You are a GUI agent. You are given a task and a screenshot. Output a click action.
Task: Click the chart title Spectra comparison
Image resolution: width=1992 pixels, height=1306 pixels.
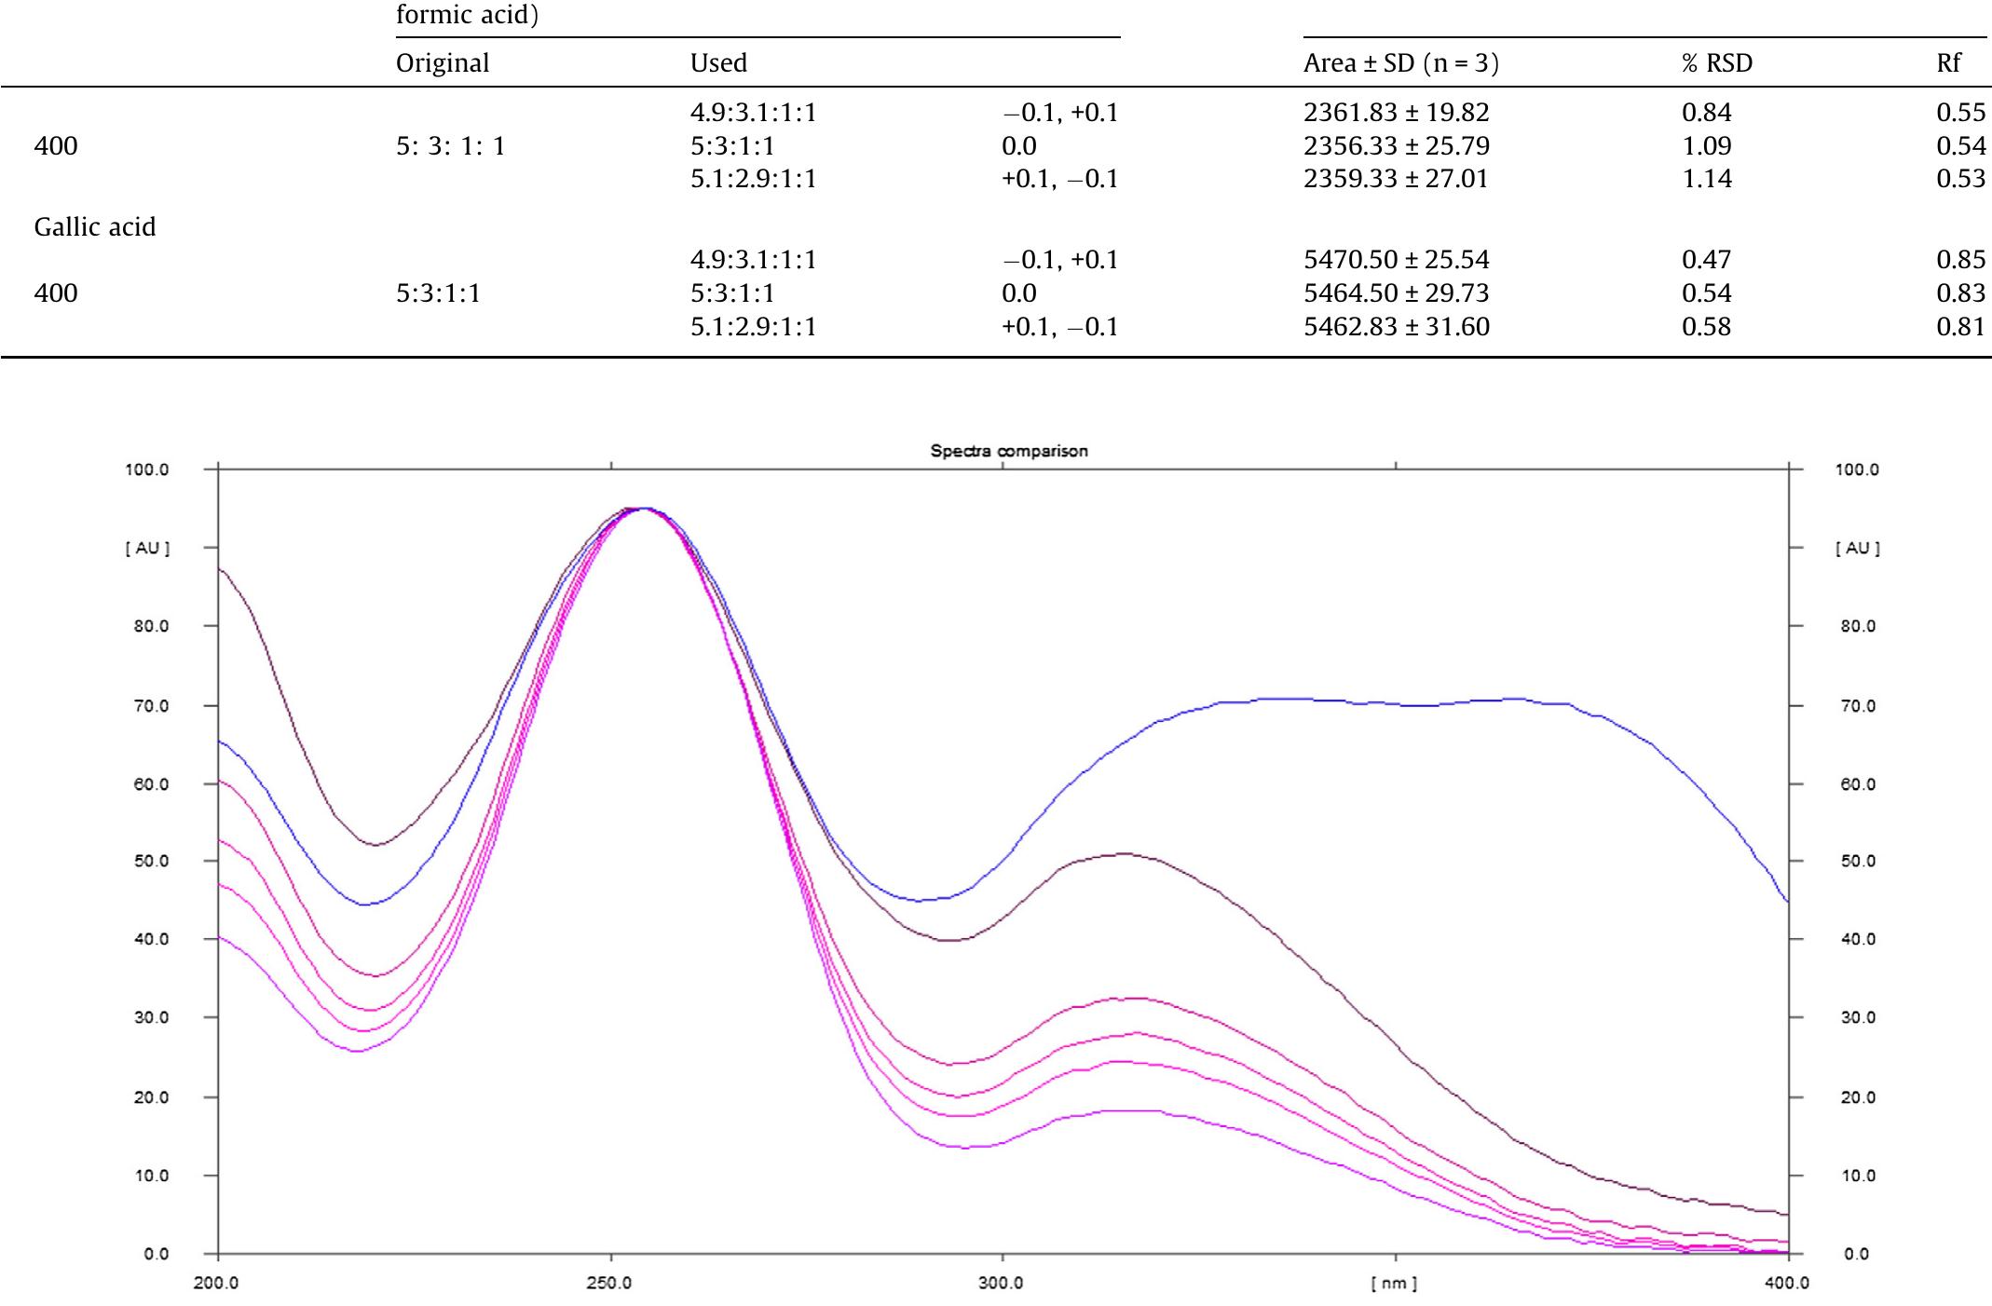tap(1008, 451)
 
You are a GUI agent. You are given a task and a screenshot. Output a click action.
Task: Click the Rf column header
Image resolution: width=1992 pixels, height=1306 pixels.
tap(1948, 63)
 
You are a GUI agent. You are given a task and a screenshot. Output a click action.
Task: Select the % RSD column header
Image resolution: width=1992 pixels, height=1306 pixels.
tap(1717, 63)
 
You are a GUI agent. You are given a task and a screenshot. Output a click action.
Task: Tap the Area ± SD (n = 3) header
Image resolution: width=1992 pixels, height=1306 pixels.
tap(1401, 63)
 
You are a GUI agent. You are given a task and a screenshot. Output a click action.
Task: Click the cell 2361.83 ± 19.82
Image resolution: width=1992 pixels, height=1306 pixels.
tap(1396, 113)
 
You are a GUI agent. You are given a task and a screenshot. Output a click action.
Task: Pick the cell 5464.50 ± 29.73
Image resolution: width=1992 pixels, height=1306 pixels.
tap(1396, 293)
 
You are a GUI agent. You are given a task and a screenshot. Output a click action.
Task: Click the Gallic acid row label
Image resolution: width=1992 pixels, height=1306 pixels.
tap(94, 227)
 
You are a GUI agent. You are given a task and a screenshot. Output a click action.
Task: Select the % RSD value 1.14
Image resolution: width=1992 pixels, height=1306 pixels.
tap(1706, 179)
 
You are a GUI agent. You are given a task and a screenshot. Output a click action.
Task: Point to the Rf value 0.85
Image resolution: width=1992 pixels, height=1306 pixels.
tap(1960, 260)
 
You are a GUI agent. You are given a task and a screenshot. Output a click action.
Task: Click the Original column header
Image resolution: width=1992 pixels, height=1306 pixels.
tap(442, 63)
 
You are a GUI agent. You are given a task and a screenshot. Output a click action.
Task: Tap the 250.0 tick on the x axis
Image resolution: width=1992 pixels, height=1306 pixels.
tap(609, 1283)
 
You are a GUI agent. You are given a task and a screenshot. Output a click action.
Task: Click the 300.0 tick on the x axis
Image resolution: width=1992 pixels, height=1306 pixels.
tap(1002, 1283)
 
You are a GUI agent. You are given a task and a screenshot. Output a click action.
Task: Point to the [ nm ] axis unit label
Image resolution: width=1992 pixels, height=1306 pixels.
tap(1394, 1284)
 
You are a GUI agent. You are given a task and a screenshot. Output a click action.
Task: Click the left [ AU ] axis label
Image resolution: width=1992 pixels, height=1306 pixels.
tap(147, 549)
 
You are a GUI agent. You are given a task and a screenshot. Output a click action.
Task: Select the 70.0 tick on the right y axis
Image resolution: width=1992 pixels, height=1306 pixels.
tap(1858, 706)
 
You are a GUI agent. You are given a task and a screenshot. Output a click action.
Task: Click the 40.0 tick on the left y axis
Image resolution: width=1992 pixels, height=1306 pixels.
tap(147, 939)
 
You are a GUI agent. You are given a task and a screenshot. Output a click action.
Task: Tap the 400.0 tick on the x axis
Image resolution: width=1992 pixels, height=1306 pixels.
tap(1787, 1283)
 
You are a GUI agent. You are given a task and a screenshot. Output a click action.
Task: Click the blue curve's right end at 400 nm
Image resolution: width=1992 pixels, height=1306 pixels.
tap(1786, 901)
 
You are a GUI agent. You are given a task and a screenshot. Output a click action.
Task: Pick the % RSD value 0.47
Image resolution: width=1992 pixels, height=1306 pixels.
tap(1706, 260)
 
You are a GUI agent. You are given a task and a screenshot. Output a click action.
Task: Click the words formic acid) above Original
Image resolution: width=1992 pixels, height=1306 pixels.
tap(467, 15)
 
